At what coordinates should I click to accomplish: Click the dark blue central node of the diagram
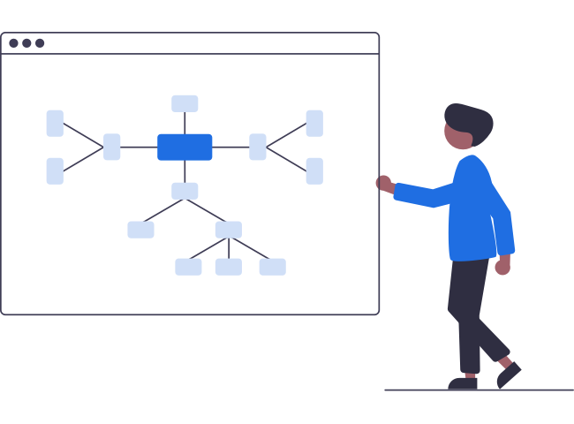coord(185,147)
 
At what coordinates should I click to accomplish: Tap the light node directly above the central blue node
coord(185,103)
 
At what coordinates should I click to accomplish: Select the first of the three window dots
coord(14,43)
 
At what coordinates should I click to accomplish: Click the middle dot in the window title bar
coord(26,43)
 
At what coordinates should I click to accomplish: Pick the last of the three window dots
coord(40,43)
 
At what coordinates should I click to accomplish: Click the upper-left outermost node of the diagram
coord(55,123)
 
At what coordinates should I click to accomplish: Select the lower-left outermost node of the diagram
coord(55,170)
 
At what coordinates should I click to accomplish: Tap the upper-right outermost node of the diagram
coord(313,123)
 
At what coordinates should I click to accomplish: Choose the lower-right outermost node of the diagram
coord(313,170)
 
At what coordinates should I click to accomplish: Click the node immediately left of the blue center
coord(112,147)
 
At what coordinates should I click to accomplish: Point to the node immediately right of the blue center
coord(257,147)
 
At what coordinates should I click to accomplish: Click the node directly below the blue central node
coord(185,191)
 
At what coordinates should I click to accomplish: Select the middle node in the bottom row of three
coord(228,267)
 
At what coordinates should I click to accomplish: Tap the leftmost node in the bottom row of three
coord(188,267)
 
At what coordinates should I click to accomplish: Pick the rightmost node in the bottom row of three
coord(272,267)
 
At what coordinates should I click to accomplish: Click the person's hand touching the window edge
coord(384,184)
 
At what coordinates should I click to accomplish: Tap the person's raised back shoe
coord(508,373)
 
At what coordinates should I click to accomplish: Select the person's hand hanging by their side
coord(502,265)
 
